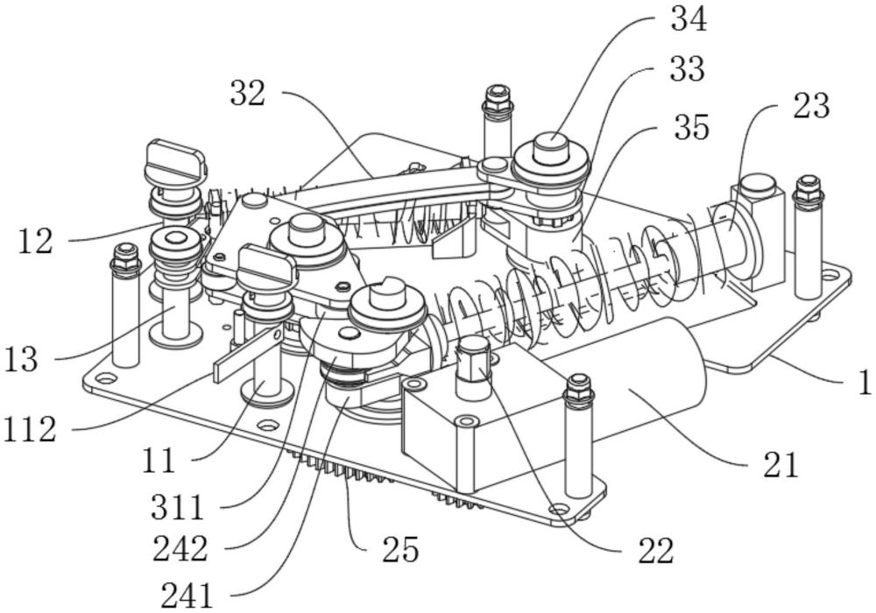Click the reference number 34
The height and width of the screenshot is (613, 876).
coord(689,20)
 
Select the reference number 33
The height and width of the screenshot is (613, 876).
coord(686,68)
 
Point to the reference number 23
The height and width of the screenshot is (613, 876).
coord(810,106)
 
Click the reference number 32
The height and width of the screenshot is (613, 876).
coord(247,93)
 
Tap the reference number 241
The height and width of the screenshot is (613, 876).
coord(187,595)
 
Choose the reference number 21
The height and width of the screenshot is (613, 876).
coord(780,466)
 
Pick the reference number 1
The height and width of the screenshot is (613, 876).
coord(863,383)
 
